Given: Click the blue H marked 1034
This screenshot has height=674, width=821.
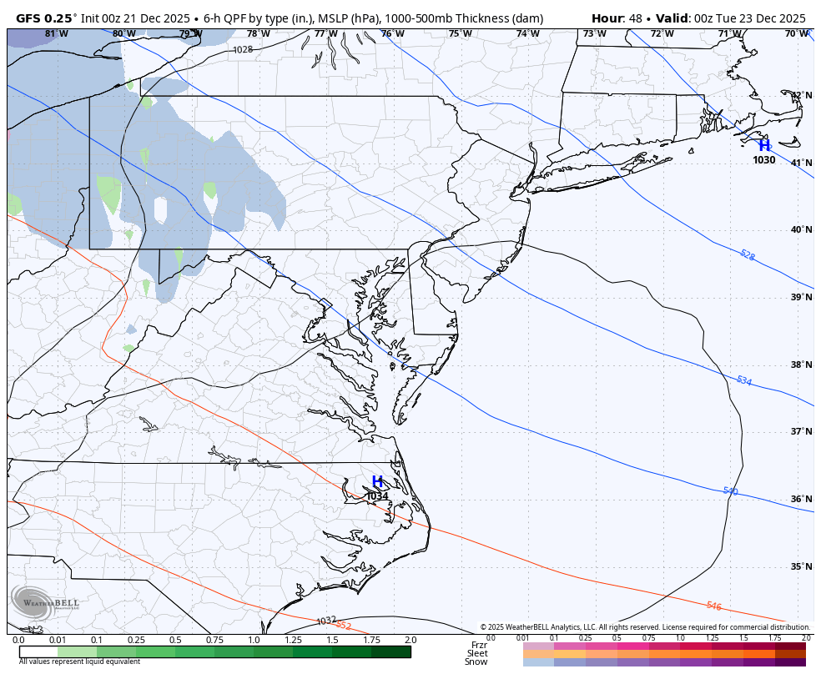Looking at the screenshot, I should pos(377,482).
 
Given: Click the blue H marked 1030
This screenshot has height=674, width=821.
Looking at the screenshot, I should pos(764,146).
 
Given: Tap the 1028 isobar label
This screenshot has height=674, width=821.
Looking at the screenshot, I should pos(242,50).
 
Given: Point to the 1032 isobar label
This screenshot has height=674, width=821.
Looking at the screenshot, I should pos(326,621).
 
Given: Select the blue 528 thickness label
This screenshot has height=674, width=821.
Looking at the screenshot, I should pos(747,254).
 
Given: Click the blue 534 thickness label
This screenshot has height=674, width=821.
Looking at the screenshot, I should pos(743,381).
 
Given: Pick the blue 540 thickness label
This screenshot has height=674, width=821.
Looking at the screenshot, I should pos(730,491).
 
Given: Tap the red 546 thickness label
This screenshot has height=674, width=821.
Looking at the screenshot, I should pos(713,606).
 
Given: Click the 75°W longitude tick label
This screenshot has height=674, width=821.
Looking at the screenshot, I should pos(460,34).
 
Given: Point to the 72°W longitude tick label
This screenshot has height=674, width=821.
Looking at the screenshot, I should pos(662,34).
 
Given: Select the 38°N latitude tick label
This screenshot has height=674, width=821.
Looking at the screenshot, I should pos(801,365).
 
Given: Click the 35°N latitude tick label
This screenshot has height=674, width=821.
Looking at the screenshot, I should pos(801,566).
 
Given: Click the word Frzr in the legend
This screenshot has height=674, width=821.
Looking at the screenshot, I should pos(479,645).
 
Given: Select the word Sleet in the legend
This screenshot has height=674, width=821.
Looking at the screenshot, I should pos(477,653).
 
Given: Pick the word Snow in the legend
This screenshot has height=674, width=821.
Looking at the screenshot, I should pos(476,662).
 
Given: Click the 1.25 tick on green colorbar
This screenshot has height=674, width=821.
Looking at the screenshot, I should pos(293,640).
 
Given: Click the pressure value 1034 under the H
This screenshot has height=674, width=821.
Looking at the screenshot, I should pos(377,496).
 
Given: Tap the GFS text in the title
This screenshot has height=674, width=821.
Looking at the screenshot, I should pos(33,18).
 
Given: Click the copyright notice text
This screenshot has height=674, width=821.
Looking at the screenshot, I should pos(645,627).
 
